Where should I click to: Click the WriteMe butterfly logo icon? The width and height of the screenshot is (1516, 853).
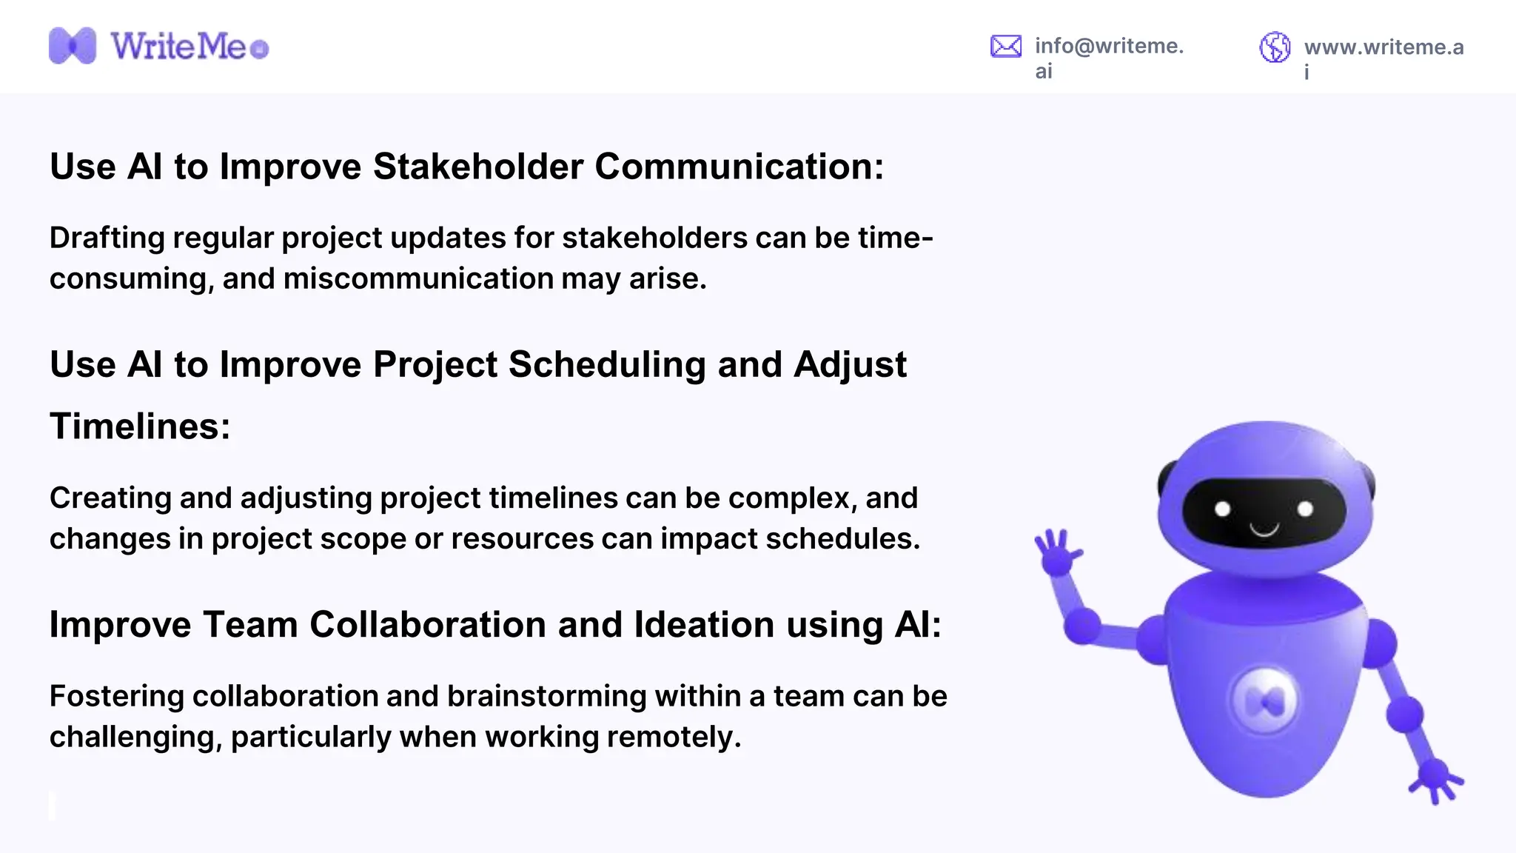tap(72, 46)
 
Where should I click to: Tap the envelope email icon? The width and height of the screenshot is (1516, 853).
tap(1005, 47)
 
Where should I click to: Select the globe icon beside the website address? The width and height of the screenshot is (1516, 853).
tap(1275, 47)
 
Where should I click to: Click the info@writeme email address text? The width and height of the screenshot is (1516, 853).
tap(1108, 46)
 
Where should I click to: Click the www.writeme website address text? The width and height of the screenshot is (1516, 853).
tap(1383, 47)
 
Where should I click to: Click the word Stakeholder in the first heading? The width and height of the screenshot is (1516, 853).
tap(478, 167)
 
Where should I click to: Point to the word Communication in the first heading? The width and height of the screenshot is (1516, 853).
tap(738, 167)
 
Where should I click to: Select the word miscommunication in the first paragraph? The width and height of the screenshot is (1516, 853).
tap(417, 279)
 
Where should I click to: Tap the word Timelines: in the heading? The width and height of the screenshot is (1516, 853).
tap(140, 427)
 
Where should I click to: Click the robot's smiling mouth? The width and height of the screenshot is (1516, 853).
tap(1264, 529)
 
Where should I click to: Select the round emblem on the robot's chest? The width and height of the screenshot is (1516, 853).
tap(1264, 700)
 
